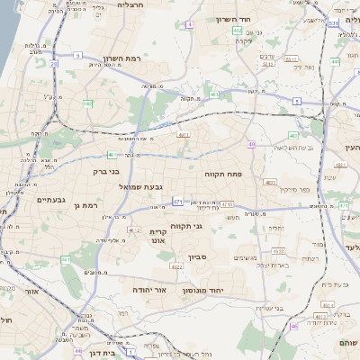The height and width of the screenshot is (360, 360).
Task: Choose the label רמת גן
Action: click(82, 206)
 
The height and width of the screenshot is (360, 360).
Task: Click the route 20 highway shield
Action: click(54, 64)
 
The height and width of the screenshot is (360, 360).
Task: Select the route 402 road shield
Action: click(237, 31)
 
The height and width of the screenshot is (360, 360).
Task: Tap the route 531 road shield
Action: click(332, 22)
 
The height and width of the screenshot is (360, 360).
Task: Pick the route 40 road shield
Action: click(252, 144)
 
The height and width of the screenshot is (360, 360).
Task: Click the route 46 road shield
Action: click(293, 327)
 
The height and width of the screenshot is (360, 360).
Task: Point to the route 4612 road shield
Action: click(133, 230)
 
